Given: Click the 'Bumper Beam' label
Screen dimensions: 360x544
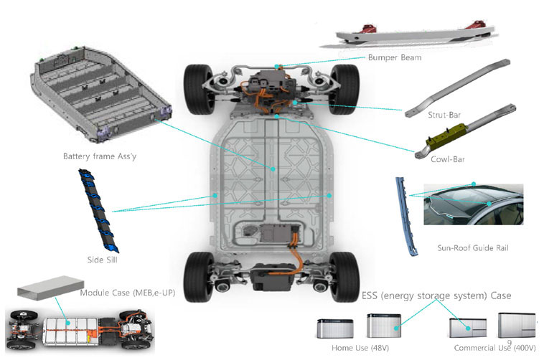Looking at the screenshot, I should (x=394, y=57).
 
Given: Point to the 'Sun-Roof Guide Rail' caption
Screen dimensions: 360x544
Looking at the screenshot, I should (x=472, y=248).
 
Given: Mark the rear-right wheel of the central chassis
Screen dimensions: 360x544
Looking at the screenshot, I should (x=347, y=276).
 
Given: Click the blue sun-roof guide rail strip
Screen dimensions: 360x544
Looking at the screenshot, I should (x=405, y=215).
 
